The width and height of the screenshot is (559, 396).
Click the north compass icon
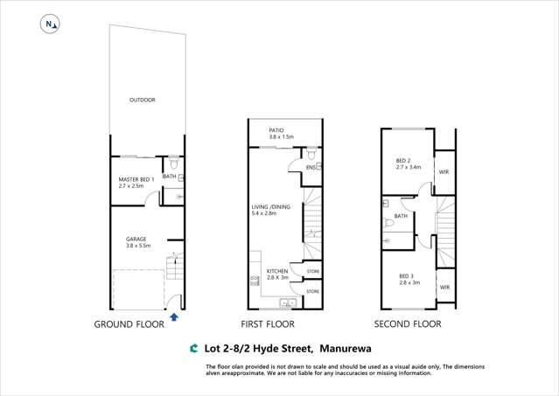(x=49, y=25)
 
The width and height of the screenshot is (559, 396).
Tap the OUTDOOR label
(x=142, y=101)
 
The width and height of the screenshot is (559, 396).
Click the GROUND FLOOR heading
(x=129, y=324)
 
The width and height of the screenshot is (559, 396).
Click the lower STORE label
(x=312, y=291)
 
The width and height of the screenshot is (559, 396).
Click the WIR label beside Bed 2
(x=444, y=172)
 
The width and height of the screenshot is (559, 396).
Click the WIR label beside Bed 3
(x=444, y=287)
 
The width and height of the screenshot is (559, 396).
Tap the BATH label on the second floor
(x=401, y=216)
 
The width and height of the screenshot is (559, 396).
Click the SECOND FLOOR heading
(x=408, y=324)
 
